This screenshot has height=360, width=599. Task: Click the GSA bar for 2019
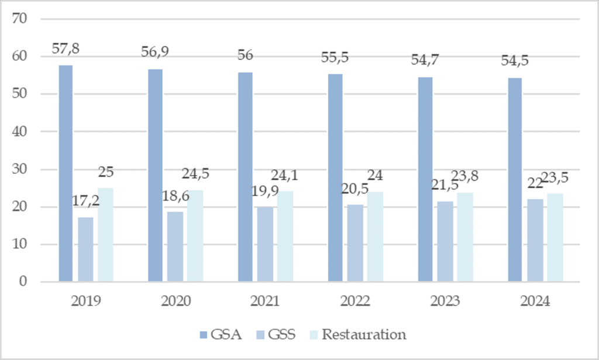coord(66,173)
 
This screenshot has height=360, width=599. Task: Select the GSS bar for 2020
coord(175,247)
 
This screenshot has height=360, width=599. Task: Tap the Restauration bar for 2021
coord(285,236)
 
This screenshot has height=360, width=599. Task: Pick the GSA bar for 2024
coord(515,180)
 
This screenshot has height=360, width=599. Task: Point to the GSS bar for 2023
coord(445,242)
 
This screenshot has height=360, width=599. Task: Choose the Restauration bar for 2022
coord(375,237)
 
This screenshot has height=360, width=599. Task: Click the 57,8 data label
coord(66,49)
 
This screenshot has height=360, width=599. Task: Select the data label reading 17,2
coord(85,201)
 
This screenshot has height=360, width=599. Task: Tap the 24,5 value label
coord(195,174)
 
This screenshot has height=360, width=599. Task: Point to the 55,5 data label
coord(335,57)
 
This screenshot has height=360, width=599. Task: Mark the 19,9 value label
coord(265,191)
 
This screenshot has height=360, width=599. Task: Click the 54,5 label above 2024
coord(515,61)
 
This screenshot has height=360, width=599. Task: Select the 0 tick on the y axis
coord(23,282)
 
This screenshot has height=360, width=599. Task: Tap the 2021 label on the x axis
coord(265,301)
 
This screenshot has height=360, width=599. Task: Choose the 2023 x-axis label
coord(445,301)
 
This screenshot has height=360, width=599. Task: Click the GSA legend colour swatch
coord(204,335)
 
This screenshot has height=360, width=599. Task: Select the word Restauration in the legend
coord(364,334)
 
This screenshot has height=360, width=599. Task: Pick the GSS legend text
coord(282,334)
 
